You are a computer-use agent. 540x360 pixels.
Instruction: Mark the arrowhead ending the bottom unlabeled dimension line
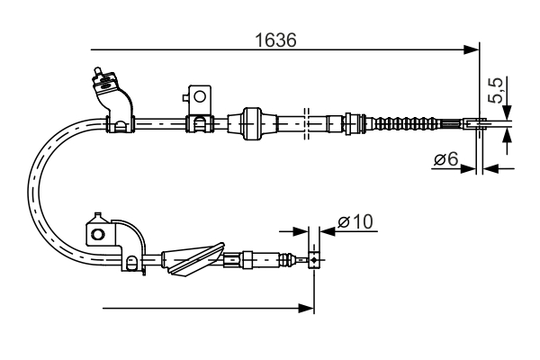(307, 309)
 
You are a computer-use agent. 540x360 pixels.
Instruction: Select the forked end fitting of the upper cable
(476, 122)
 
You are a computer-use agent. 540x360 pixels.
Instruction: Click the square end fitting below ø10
(313, 261)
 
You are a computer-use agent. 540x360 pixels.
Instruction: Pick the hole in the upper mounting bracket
(200, 94)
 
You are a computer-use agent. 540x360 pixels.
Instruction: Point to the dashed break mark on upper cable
(308, 121)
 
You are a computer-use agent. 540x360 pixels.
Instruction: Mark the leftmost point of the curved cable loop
(31, 191)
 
